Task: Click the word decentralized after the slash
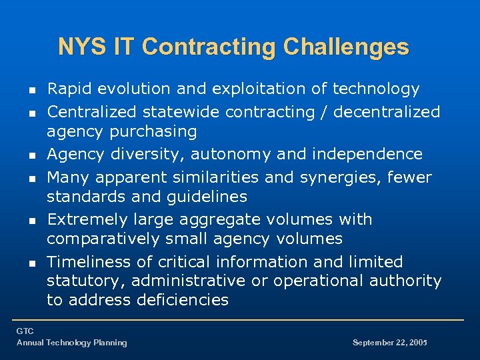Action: [x=387, y=112]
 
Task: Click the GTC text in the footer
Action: [x=25, y=331]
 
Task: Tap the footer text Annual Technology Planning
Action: [x=71, y=343]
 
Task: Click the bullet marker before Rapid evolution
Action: [x=23, y=89]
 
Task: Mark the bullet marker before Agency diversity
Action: [x=23, y=155]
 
